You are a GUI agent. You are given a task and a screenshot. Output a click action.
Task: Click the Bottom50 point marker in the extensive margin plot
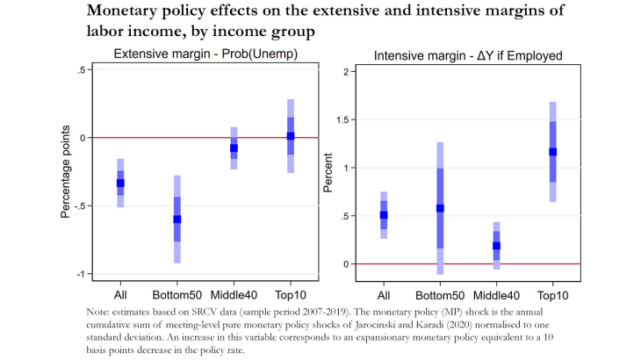click(x=176, y=219)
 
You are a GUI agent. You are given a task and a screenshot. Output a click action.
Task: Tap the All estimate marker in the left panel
click(x=120, y=183)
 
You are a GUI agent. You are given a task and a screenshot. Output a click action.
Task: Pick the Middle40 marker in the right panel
click(x=472, y=246)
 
